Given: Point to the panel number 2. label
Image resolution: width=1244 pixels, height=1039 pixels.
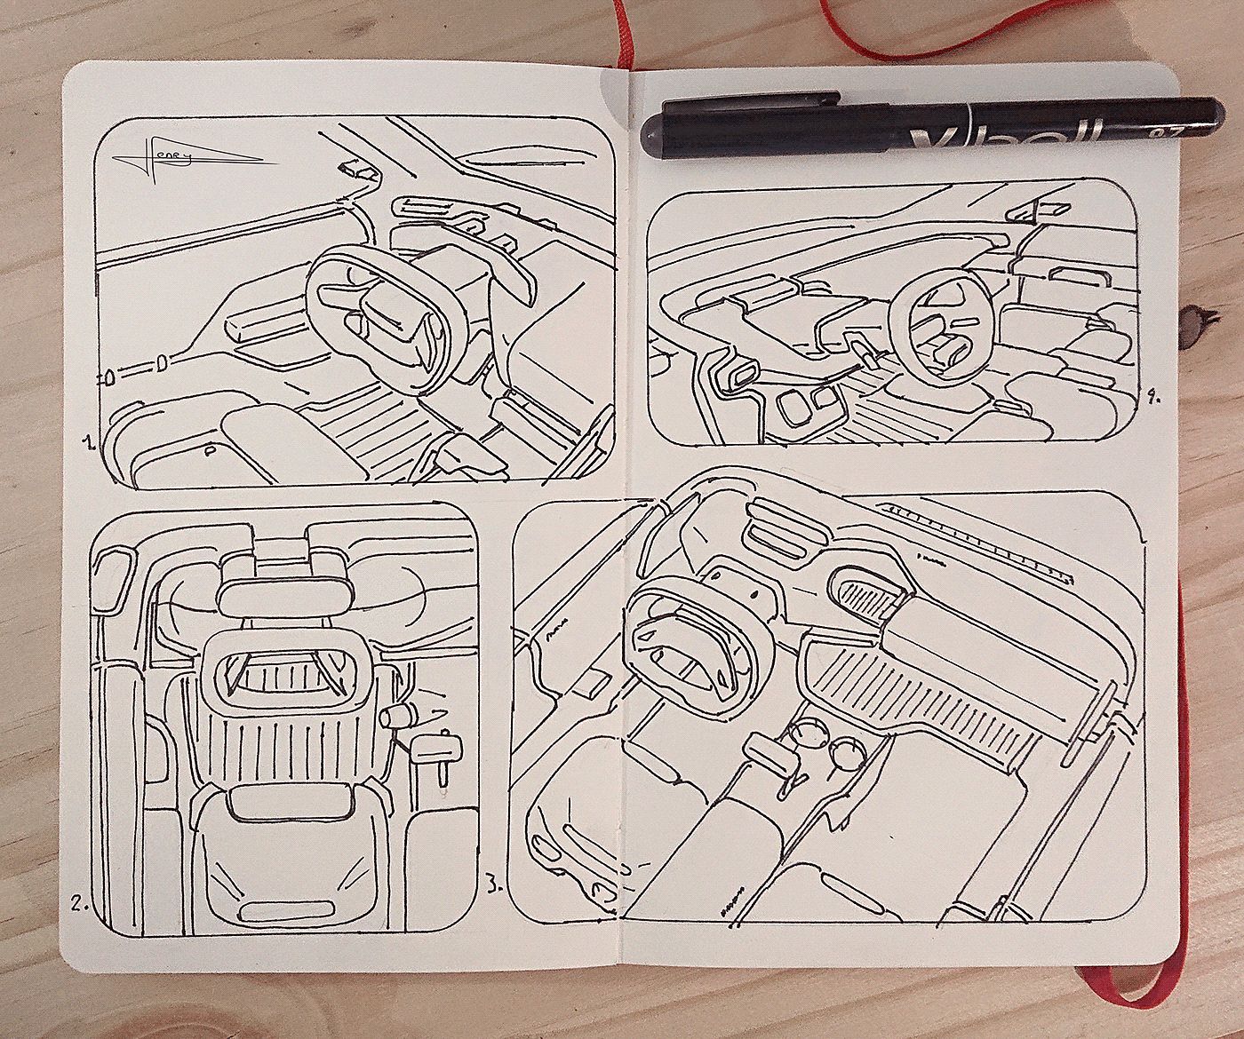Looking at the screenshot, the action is tap(80, 905).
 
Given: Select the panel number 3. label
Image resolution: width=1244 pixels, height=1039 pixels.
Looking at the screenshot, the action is tap(495, 884).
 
